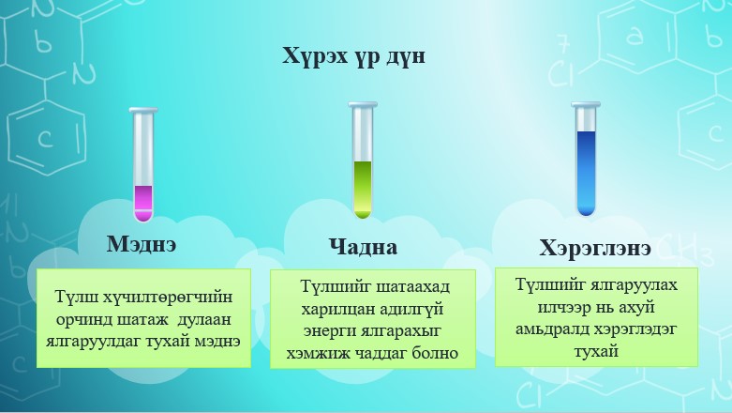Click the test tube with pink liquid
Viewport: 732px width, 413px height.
143,164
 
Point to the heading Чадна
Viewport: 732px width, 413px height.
363,248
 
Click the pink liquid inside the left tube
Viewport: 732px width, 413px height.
143,200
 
